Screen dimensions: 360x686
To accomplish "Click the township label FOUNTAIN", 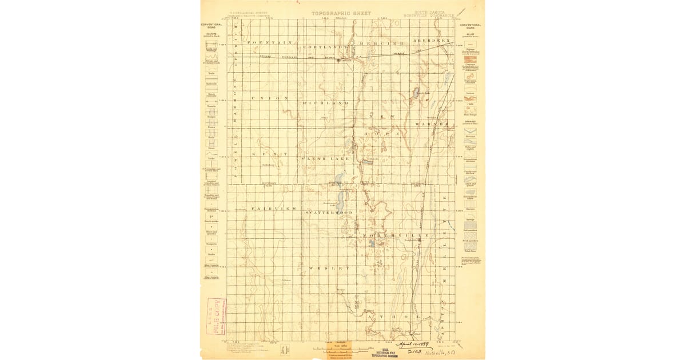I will [270, 43].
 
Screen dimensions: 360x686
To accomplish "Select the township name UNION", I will [270, 98].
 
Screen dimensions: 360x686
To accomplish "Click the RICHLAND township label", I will [325, 103].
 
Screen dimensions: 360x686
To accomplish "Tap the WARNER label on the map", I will [433, 123].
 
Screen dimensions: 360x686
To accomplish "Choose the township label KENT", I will [265, 154].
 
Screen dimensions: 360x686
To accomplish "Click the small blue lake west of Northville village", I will [372, 242].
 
